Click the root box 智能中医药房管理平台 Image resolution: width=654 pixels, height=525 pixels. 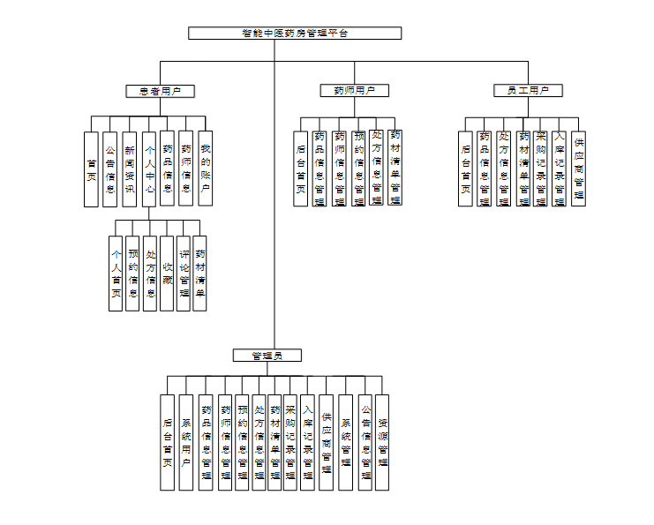[295, 34]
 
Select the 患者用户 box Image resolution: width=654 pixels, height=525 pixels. [160, 91]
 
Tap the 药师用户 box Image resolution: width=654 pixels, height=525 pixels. [354, 91]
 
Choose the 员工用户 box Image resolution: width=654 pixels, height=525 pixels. [528, 91]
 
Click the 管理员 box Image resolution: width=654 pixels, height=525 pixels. [267, 356]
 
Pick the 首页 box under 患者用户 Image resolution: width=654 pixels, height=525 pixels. [91, 169]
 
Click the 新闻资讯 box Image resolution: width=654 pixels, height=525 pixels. [129, 169]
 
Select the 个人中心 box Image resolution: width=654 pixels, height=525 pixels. [148, 169]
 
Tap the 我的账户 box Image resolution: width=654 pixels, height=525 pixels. [205, 168]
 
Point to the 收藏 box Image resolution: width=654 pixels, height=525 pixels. [166, 274]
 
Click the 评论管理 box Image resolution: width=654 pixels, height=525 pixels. [184, 274]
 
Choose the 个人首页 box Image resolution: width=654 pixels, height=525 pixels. [116, 274]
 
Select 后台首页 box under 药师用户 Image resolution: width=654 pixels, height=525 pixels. [301, 169]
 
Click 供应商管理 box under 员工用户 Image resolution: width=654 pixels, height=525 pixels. [579, 168]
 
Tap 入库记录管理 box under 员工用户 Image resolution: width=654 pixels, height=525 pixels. [560, 168]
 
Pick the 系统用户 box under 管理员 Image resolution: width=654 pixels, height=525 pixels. [185, 442]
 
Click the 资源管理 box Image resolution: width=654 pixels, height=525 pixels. [383, 442]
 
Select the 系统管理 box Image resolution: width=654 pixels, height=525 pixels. [345, 442]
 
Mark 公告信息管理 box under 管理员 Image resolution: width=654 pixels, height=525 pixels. [365, 442]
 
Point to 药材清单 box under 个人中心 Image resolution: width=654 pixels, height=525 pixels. [200, 274]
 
